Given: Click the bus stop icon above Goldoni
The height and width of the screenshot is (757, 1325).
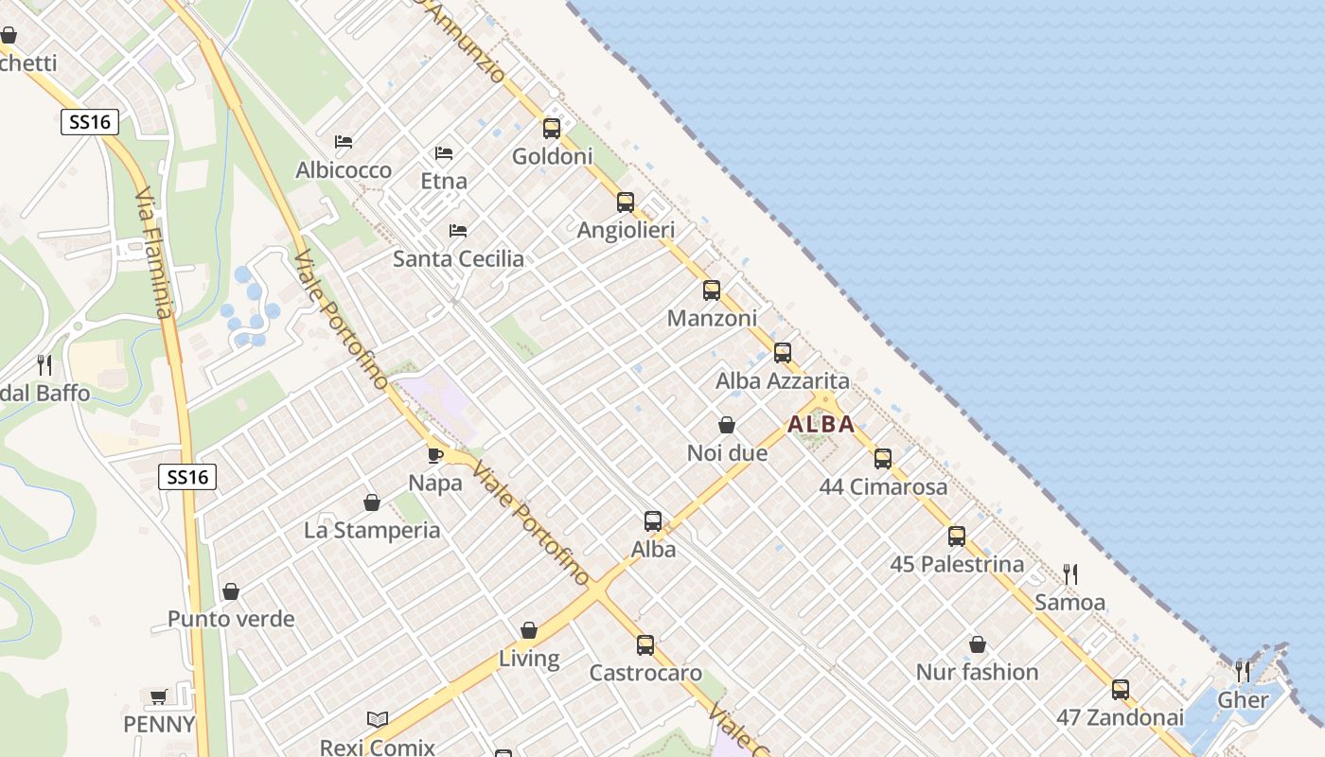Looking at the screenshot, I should point(551,129).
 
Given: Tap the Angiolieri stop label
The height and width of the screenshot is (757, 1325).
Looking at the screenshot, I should point(626,230).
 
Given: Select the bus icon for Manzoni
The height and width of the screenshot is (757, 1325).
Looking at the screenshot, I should point(712,290).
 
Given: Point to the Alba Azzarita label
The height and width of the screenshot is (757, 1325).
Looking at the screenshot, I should point(783,381).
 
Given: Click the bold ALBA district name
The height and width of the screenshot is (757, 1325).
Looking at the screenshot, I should point(821,424).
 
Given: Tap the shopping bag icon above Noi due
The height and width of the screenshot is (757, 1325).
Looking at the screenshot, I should point(727,425).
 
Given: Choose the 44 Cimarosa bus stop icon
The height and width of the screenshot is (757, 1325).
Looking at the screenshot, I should point(883,459).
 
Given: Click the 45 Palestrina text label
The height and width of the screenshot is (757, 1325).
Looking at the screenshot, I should point(957,565).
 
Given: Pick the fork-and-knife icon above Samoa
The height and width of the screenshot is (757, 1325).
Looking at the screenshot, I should point(1070,573).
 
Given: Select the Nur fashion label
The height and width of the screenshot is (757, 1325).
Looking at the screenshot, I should point(977,673).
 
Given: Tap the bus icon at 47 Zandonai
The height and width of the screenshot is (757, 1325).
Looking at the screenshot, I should point(1121,689).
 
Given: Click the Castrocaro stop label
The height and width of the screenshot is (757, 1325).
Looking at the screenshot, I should point(645,674).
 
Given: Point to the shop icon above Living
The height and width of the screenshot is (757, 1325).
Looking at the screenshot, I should point(529,630).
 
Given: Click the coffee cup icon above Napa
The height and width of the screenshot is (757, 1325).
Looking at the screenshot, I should point(435,454).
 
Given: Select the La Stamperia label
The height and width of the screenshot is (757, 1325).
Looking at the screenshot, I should point(372,531).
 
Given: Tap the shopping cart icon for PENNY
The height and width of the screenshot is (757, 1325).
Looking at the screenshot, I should point(158,696).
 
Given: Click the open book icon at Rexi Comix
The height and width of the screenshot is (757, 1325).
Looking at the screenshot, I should point(378,719).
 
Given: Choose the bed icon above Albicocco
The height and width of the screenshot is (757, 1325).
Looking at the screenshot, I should point(344,142).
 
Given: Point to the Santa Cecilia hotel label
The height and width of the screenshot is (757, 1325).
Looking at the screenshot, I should point(458,259).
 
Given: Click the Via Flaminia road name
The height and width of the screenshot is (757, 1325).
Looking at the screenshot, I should point(153,255).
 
